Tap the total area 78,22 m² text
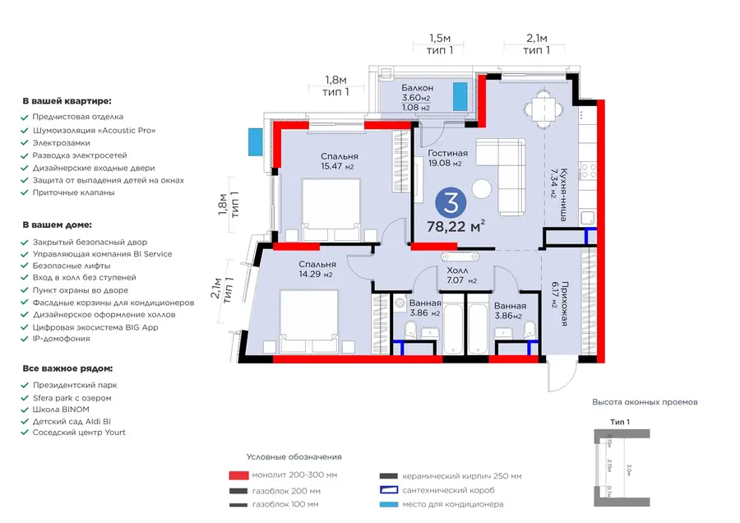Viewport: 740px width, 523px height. tap(456, 226)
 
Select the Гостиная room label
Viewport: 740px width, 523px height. tap(448, 153)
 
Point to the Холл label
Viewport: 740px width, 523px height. tap(458, 270)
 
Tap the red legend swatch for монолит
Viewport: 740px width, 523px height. tap(238, 475)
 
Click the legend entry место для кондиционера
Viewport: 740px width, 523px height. tap(452, 504)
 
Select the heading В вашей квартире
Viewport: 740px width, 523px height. tap(67, 101)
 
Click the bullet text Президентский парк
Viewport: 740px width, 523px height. tap(74, 385)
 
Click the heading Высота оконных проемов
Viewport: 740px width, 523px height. tap(645, 402)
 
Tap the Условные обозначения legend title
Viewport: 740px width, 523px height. tap(294, 456)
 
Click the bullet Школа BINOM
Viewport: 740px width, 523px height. tap(61, 409)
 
